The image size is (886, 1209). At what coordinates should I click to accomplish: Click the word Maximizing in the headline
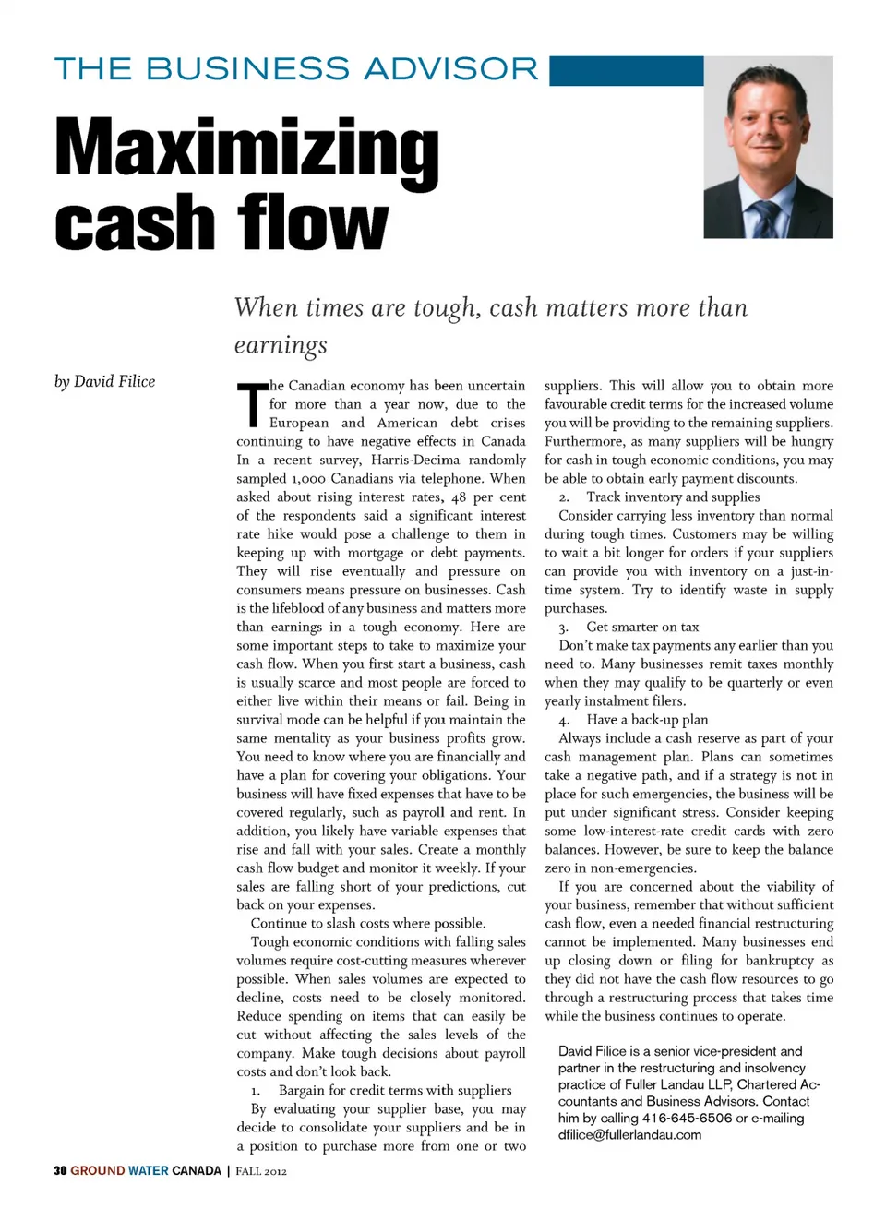pyautogui.click(x=246, y=148)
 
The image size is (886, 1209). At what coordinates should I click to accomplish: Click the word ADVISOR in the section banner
pyautogui.click(x=451, y=69)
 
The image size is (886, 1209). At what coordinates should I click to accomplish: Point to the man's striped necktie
pyautogui.click(x=765, y=219)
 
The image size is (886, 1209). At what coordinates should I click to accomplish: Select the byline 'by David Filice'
pyautogui.click(x=104, y=382)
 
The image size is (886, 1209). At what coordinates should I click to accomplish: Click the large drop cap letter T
pyautogui.click(x=250, y=404)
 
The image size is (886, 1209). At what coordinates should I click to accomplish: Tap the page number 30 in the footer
pyautogui.click(x=60, y=1171)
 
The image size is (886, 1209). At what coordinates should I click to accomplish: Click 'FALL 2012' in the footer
pyautogui.click(x=261, y=1171)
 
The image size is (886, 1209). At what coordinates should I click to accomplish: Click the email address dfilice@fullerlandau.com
pyautogui.click(x=629, y=1134)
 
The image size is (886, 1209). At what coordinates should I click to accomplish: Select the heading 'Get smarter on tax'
pyautogui.click(x=642, y=628)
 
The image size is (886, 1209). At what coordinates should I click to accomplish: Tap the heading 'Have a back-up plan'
pyautogui.click(x=647, y=720)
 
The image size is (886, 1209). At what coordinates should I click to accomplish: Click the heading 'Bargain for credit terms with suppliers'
pyautogui.click(x=395, y=1090)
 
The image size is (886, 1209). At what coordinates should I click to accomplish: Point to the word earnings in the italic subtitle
pyautogui.click(x=281, y=345)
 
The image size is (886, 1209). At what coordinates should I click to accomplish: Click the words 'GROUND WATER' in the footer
pyautogui.click(x=119, y=1171)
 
